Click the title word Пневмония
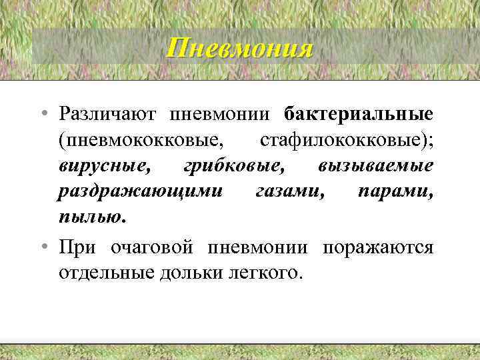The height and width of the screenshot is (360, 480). [x=239, y=48]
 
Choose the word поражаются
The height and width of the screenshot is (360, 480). [x=377, y=247]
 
